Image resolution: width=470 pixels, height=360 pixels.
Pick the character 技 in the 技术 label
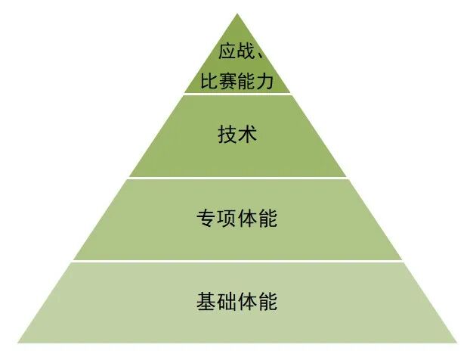[x=226, y=135]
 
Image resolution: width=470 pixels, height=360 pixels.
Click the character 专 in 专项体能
[x=206, y=219]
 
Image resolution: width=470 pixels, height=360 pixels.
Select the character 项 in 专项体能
[x=226, y=219]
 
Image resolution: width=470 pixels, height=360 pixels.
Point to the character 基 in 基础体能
[x=206, y=302]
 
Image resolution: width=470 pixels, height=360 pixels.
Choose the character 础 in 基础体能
[x=226, y=302]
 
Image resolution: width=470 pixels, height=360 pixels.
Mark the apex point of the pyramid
[x=237, y=14]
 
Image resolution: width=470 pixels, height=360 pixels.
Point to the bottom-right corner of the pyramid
[x=458, y=343]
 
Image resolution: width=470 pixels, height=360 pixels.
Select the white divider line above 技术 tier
[x=237, y=94]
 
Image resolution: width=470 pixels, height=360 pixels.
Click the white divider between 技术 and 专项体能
[x=237, y=178]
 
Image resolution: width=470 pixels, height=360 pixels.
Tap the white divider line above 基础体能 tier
[x=237, y=262]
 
